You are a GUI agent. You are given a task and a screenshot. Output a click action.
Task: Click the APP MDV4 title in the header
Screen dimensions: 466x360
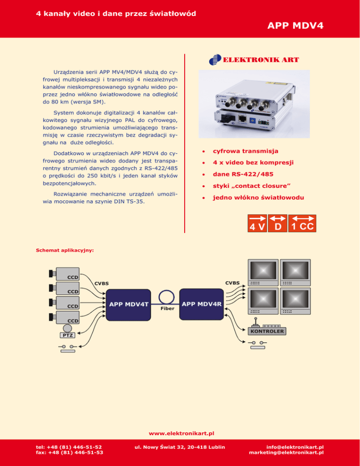click(x=295, y=25)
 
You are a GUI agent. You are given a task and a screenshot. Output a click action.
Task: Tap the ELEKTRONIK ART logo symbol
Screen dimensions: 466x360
click(x=214, y=60)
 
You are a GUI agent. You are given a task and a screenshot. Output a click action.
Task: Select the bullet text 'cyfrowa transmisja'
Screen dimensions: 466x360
click(x=246, y=151)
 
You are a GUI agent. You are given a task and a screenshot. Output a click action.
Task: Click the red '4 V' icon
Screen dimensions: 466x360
click(x=257, y=223)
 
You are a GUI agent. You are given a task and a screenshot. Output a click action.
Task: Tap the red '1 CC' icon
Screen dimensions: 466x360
click(x=302, y=223)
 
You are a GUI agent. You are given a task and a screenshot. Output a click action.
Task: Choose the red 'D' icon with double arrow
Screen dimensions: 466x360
click(x=278, y=223)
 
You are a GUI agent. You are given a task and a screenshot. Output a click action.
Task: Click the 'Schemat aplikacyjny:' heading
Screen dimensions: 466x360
click(x=65, y=250)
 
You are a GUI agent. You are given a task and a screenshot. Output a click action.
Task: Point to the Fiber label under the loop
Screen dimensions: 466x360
click(x=167, y=309)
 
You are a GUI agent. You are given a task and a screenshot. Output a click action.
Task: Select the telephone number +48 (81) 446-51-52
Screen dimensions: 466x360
click(x=69, y=447)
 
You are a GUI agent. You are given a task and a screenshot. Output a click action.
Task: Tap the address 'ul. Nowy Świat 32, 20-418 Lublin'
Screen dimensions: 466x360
click(x=179, y=447)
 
